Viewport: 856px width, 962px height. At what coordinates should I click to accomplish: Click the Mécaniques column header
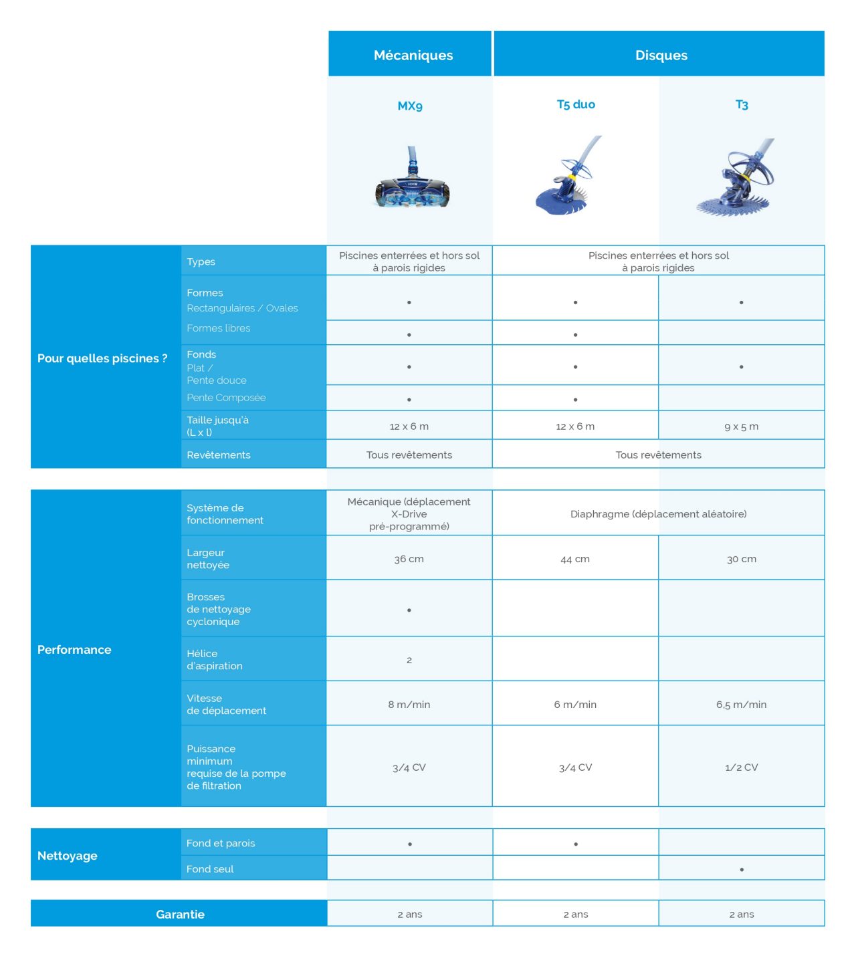(413, 55)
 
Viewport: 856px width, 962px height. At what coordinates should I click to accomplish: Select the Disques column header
(661, 55)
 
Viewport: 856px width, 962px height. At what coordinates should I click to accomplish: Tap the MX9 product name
(410, 106)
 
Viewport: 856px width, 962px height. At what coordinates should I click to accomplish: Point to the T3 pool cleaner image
(736, 179)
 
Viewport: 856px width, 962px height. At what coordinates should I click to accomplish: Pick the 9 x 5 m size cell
(741, 427)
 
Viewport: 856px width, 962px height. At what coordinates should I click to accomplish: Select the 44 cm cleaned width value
(575, 559)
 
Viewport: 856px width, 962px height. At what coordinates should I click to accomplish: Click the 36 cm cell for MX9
(409, 559)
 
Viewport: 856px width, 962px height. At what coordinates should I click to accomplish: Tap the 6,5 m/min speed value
(741, 705)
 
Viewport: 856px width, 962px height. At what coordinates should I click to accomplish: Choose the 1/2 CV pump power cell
(741, 767)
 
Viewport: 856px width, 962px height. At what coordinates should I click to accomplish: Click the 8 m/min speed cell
(409, 705)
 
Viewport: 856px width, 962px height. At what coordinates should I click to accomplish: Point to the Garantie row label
(180, 915)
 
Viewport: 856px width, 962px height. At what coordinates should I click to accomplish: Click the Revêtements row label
(219, 455)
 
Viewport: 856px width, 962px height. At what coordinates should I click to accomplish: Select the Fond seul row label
(210, 869)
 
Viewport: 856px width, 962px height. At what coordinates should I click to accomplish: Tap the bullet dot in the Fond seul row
(742, 870)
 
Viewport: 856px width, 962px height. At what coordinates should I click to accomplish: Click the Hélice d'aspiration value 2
(409, 660)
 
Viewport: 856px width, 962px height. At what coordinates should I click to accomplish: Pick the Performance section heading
(74, 650)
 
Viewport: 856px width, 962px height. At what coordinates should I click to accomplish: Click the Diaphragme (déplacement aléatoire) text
(658, 514)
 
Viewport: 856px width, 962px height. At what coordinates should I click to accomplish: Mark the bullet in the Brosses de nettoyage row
(409, 610)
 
